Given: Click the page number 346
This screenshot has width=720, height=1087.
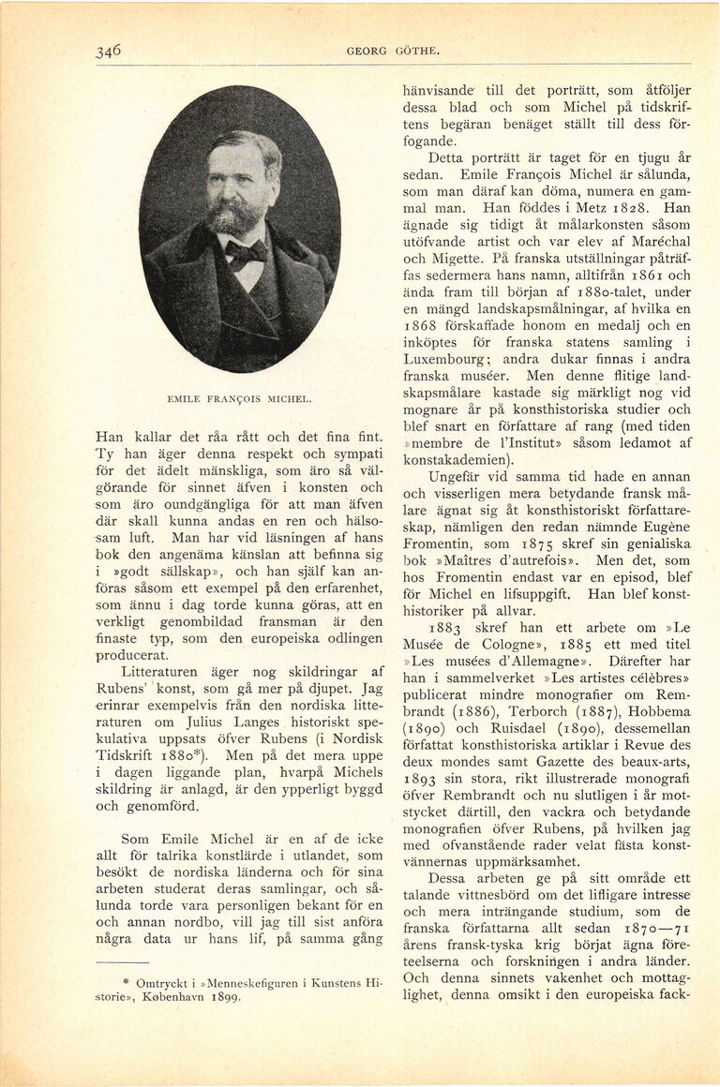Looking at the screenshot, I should pyautogui.click(x=109, y=52).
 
